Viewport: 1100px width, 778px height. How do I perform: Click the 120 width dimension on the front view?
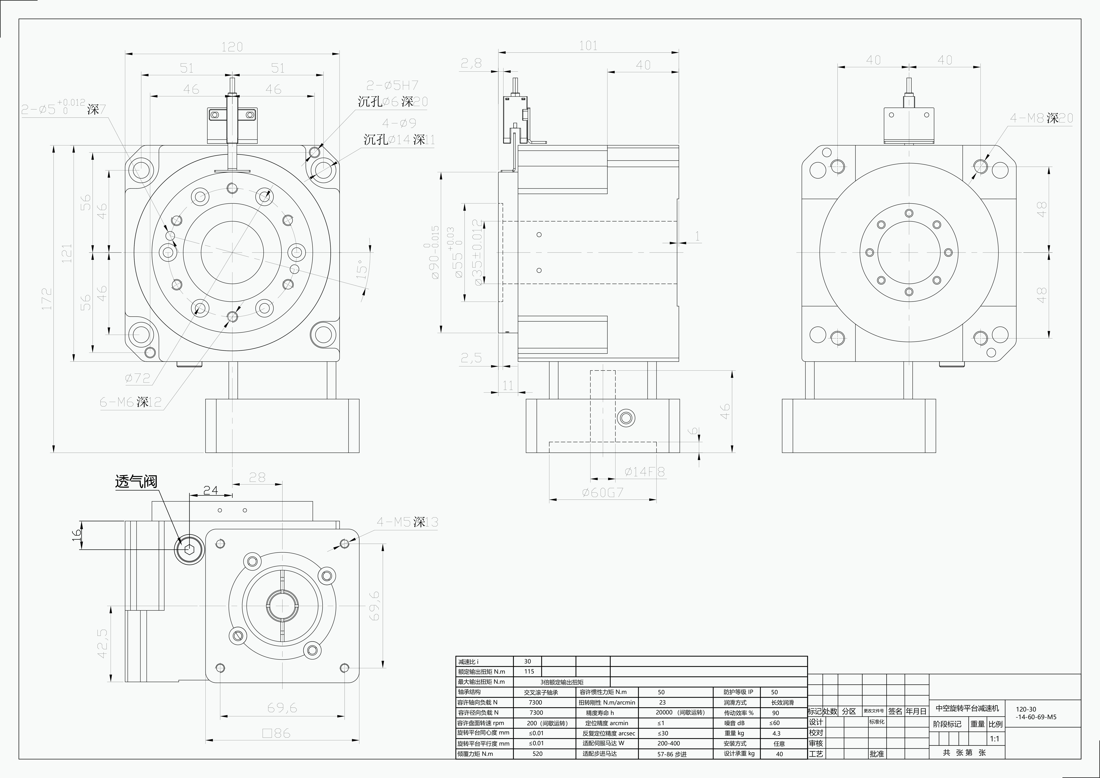pyautogui.click(x=232, y=47)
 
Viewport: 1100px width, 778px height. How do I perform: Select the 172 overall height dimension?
pyautogui.click(x=47, y=298)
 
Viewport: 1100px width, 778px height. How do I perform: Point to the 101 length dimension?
pyautogui.click(x=588, y=46)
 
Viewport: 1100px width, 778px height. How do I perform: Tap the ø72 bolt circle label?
pyautogui.click(x=137, y=379)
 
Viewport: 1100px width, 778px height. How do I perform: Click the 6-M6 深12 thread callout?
pyautogui.click(x=130, y=402)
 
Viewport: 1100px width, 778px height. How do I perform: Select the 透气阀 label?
pyautogui.click(x=136, y=481)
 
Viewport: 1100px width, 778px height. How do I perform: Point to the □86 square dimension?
pyautogui.click(x=276, y=733)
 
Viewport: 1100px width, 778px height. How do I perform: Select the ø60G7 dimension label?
pyautogui.click(x=603, y=492)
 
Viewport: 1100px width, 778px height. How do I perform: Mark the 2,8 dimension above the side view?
pyautogui.click(x=471, y=63)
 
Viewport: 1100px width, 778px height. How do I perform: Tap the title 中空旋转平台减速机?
pyautogui.click(x=967, y=708)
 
